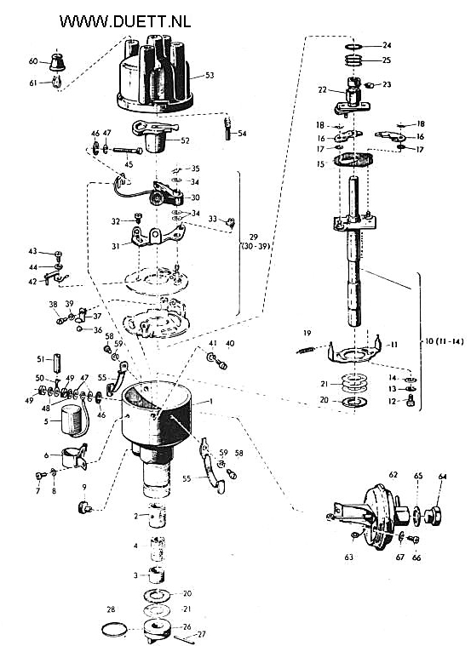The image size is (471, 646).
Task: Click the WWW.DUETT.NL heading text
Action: click(125, 21)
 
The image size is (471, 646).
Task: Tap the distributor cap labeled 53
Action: click(155, 77)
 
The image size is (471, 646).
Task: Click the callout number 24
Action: click(387, 45)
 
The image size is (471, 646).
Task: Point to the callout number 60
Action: click(33, 61)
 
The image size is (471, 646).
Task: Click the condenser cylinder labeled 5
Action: click(72, 420)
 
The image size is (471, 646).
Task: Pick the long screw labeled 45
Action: click(127, 151)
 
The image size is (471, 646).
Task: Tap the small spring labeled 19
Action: click(306, 350)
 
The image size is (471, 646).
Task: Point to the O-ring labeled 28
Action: click(114, 629)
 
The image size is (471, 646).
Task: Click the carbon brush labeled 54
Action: click(227, 129)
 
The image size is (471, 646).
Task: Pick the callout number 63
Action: click(349, 557)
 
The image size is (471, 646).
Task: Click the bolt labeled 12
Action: click(410, 401)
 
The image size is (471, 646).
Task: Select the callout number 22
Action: click(322, 89)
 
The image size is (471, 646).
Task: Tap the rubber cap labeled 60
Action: click(57, 62)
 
